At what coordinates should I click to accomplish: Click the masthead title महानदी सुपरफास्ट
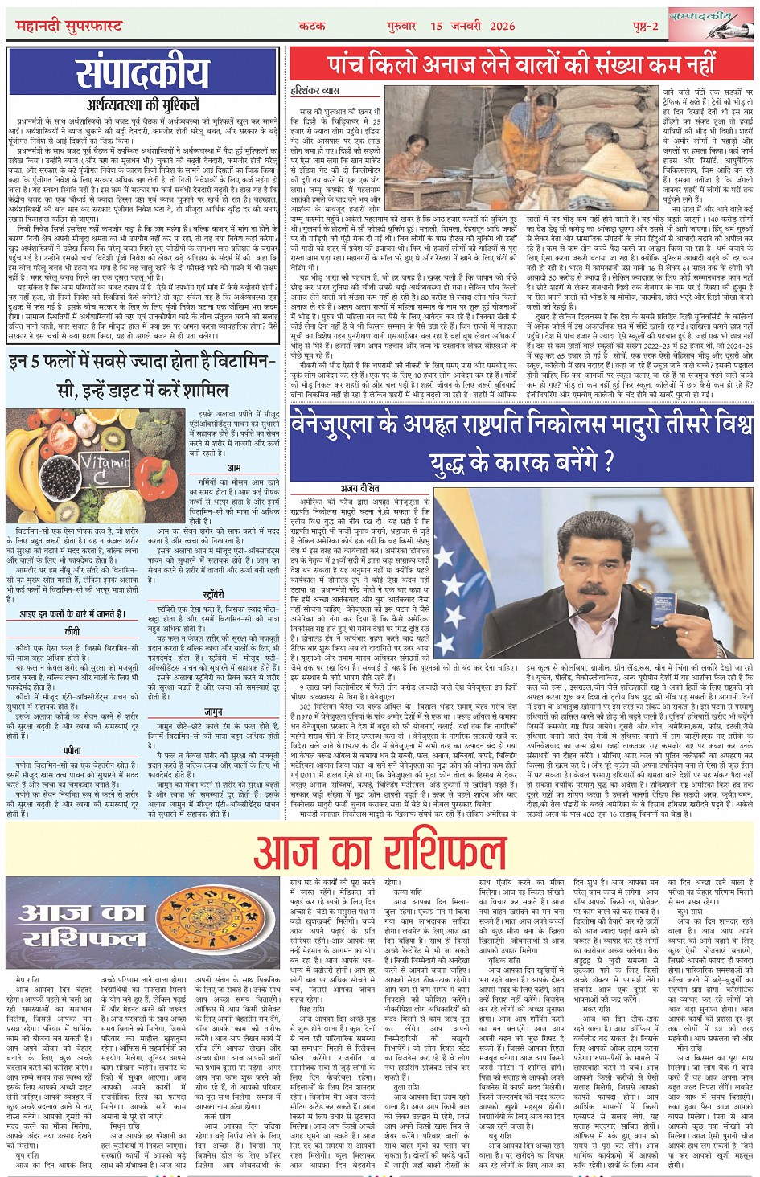click(x=69, y=27)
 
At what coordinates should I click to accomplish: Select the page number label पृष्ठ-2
click(x=645, y=27)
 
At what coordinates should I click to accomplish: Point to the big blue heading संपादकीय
click(x=142, y=75)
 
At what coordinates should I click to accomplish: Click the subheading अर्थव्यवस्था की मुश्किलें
click(x=142, y=105)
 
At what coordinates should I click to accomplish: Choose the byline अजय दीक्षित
click(x=359, y=487)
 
